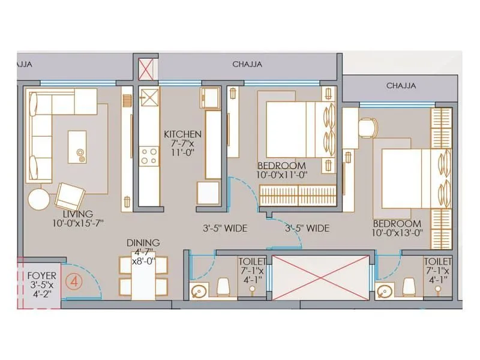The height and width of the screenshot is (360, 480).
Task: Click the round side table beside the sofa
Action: [x=40, y=200]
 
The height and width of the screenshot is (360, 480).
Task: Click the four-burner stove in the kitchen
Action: [x=148, y=156]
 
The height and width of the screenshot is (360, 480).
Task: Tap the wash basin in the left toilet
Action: [x=200, y=291]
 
